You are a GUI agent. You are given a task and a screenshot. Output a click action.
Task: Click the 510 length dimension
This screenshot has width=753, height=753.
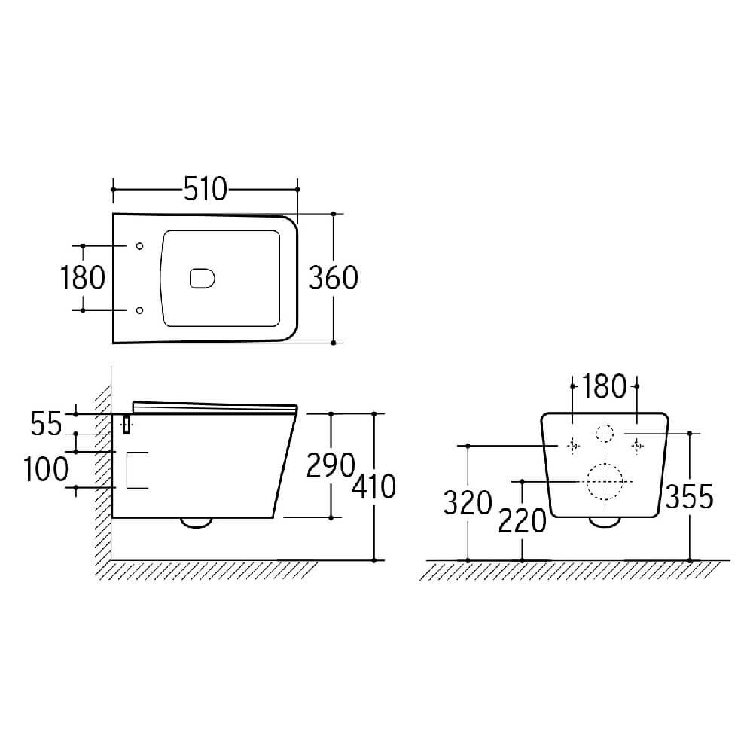206,189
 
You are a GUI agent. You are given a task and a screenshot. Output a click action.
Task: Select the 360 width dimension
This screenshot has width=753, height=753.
334,278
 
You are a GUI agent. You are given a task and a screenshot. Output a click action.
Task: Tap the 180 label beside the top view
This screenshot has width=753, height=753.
83,278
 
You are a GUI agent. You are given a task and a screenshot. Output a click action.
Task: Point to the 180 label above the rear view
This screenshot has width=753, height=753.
604,386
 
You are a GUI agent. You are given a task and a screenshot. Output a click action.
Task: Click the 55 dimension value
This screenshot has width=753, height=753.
46,424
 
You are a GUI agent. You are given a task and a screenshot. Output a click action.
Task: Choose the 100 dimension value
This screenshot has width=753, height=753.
46,469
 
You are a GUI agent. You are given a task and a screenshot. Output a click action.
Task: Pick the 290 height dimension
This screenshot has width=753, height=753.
331,465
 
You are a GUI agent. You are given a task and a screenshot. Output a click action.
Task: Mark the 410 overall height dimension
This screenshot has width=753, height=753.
373,486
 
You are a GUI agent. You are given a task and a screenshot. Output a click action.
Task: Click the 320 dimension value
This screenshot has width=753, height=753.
468,503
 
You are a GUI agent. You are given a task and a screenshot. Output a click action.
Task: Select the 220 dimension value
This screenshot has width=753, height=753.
522,521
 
